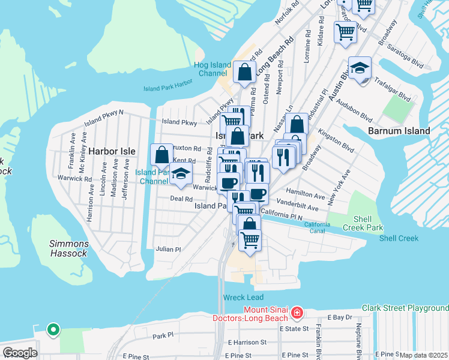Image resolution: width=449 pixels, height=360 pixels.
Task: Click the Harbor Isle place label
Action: tap(112, 151)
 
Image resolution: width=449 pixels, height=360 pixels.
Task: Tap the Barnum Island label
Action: tap(399, 131)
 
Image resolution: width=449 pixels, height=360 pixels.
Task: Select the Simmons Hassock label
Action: tap(70, 248)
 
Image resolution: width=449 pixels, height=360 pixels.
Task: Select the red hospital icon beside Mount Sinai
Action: tap(297, 313)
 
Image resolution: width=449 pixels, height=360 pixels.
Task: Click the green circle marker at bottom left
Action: tap(53, 329)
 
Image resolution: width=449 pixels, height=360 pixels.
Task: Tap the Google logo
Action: tap(19, 353)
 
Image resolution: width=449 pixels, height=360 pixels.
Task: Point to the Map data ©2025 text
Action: tap(423, 355)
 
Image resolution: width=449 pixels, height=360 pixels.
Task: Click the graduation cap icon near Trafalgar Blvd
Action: tap(360, 69)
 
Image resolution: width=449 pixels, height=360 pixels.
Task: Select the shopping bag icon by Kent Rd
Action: tap(161, 155)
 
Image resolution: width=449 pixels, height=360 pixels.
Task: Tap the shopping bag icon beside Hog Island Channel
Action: tap(245, 73)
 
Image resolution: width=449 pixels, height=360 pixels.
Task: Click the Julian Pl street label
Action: tap(168, 249)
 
